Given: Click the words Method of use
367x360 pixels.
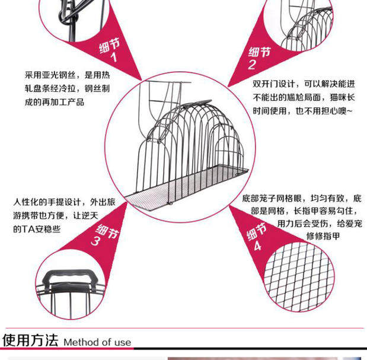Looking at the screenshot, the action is coord(97,342).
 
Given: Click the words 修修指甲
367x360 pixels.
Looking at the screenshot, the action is coord(323,237).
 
